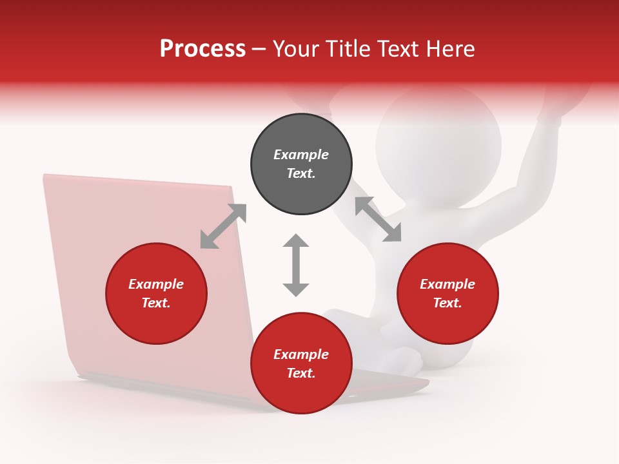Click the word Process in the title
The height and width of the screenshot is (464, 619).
(202, 49)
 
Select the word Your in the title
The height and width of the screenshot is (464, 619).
(296, 49)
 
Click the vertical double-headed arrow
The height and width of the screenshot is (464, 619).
(296, 265)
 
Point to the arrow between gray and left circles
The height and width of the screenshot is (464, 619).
(223, 226)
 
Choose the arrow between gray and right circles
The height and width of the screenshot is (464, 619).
(378, 219)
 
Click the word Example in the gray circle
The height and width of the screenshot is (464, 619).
(301, 155)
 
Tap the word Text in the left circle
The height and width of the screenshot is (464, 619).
(156, 303)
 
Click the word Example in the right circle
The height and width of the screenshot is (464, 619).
(447, 284)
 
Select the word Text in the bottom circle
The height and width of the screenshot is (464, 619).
(301, 373)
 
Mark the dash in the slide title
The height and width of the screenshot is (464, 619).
(259, 50)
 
